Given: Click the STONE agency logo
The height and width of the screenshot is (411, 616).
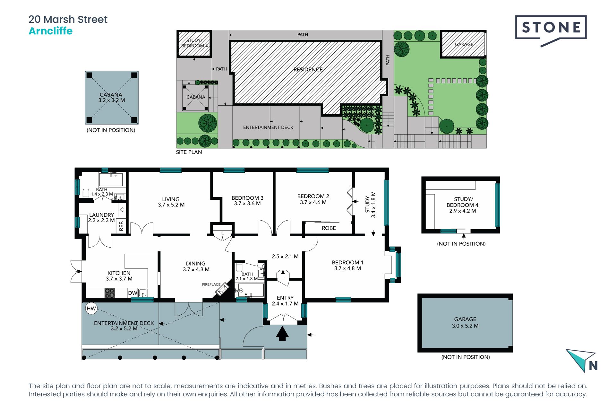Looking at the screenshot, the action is (551, 31).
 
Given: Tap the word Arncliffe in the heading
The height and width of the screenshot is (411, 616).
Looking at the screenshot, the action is (51, 31).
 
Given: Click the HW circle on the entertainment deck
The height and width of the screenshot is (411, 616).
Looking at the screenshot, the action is (91, 309).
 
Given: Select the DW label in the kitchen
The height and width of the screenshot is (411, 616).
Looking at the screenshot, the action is (133, 293).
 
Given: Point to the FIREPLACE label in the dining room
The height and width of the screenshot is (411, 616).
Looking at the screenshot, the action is (211, 284).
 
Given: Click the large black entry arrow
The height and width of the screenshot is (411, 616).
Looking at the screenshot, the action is (282, 333).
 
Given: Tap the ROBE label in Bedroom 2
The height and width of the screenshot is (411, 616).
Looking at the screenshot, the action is (329, 228).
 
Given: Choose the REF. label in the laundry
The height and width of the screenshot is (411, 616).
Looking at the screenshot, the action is (121, 225).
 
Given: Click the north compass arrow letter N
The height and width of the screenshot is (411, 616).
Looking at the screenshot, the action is (593, 366).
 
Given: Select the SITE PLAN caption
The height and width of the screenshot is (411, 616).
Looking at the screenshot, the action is (189, 152).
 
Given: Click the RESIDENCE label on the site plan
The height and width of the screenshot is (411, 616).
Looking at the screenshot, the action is (308, 69).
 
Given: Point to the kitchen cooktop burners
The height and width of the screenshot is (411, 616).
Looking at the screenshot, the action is (110, 293).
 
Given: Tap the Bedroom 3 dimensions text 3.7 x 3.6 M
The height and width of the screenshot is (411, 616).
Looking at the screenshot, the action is (247, 203).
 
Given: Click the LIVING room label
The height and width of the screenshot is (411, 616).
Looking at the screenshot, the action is (171, 199).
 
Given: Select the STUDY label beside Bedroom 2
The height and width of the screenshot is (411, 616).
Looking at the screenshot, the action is (367, 205).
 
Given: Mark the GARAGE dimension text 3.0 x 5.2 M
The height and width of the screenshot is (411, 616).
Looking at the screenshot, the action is (465, 326).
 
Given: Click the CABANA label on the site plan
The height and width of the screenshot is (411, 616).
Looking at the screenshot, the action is (196, 97).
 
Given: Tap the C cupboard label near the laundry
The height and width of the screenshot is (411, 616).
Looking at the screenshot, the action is (122, 210).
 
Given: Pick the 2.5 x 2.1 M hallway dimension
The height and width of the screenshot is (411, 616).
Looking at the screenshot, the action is (285, 257).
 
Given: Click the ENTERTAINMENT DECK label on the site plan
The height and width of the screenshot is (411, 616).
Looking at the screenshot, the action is (268, 127).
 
